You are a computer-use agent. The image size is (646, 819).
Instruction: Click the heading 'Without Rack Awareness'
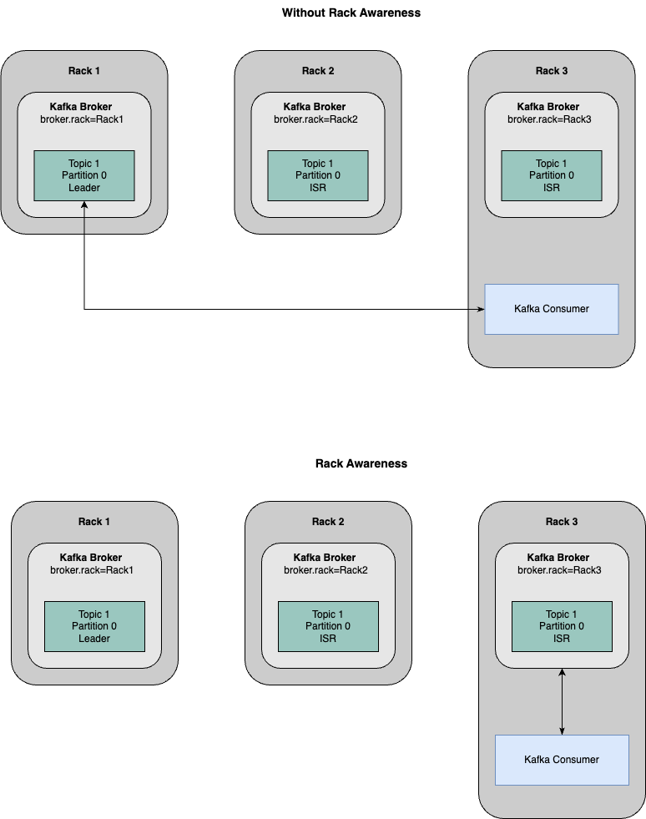coord(351,13)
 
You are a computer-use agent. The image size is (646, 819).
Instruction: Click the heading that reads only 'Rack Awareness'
coord(361,463)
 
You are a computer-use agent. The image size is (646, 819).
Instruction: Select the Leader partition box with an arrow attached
coord(83,175)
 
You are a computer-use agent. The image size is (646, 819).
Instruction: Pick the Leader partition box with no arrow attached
coord(94,626)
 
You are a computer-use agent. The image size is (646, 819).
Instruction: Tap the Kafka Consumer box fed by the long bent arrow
coord(551,309)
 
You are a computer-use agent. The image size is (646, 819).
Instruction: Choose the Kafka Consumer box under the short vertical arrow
coord(562,760)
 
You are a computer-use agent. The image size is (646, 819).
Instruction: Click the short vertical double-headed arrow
coord(562,701)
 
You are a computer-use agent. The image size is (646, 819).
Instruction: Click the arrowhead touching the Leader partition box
coord(84,206)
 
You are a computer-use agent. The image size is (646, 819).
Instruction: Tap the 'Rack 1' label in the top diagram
coord(84,71)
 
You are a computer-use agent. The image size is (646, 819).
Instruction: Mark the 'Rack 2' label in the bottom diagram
coord(328,522)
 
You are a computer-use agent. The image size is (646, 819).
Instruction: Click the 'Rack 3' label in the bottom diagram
coord(562,522)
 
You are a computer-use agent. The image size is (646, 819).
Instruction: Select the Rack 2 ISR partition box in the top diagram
coord(317,175)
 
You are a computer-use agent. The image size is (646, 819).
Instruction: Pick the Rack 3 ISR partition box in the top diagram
coord(551,175)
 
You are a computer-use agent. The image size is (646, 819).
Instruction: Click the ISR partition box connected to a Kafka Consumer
coord(562,626)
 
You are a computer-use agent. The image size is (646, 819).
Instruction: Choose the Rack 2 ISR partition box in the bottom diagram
coord(328,626)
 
